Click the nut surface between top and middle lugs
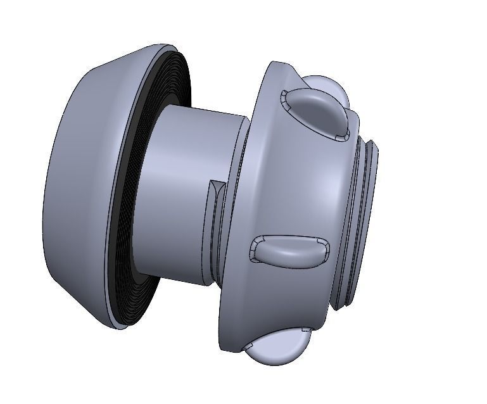click(x=298, y=184)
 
